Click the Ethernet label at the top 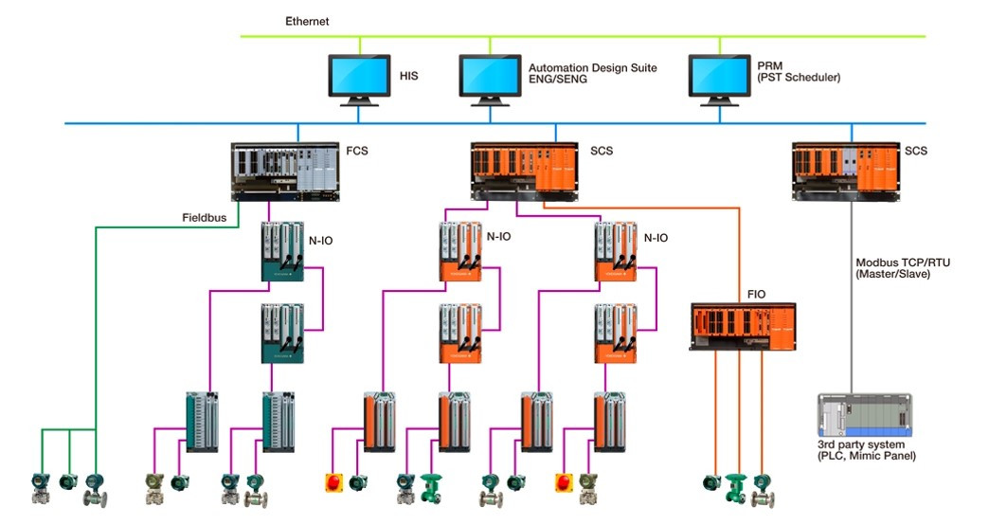pyautogui.click(x=307, y=21)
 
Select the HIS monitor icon pyautogui.click(x=359, y=78)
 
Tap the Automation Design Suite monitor pyautogui.click(x=490, y=78)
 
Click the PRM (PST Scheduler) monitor pyautogui.click(x=719, y=78)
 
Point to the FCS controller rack pyautogui.click(x=284, y=172)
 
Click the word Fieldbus pyautogui.click(x=204, y=218)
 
